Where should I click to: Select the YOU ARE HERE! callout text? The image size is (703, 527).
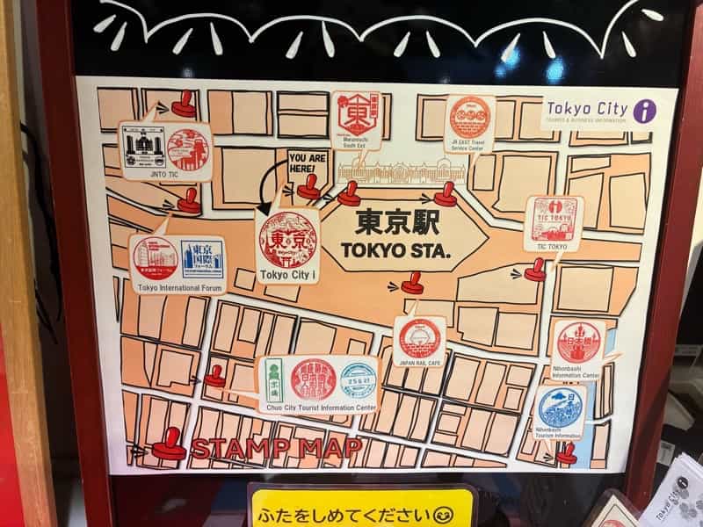click(x=307, y=163)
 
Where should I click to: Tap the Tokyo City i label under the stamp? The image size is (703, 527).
click(x=289, y=276)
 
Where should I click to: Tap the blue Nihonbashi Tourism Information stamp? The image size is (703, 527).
click(x=561, y=407)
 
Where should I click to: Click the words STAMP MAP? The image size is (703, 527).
click(x=277, y=448)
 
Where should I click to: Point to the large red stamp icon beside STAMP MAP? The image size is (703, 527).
click(x=168, y=445)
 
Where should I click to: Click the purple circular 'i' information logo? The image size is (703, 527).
click(x=645, y=111)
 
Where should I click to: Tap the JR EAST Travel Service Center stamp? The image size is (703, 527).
click(x=469, y=117)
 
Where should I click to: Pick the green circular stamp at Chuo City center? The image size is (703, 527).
click(x=357, y=380)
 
